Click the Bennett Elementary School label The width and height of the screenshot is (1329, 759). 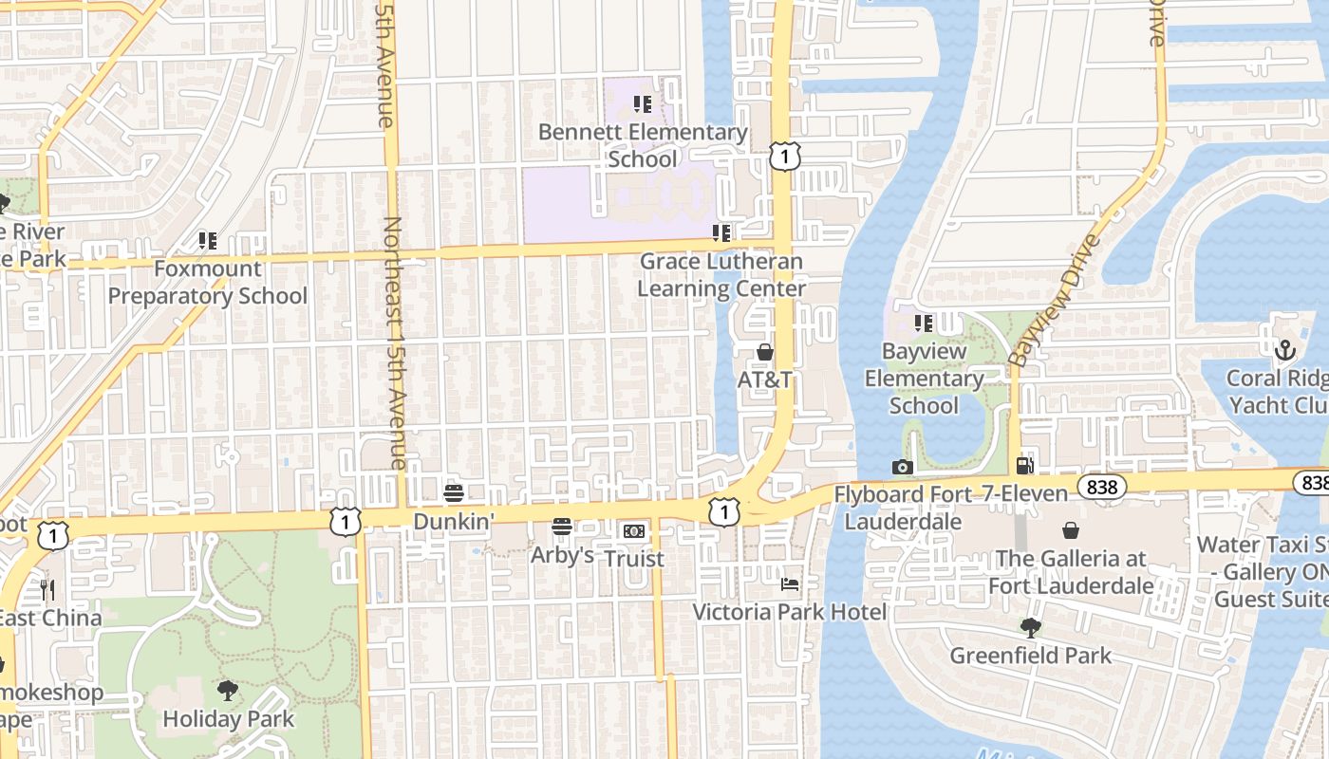click(x=643, y=145)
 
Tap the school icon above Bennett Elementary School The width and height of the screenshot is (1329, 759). click(x=643, y=104)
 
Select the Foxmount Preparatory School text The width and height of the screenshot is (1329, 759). click(x=207, y=282)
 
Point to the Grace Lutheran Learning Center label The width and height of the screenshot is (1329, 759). click(x=721, y=274)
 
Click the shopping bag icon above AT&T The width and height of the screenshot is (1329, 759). click(x=765, y=352)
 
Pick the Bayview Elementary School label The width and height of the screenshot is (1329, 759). click(x=924, y=378)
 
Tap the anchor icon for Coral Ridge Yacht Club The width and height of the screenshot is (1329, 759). click(x=1284, y=350)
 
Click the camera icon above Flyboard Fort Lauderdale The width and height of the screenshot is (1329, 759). click(x=902, y=467)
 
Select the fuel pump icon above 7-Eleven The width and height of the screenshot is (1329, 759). click(x=1024, y=466)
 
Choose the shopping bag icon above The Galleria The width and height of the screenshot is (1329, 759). click(x=1071, y=530)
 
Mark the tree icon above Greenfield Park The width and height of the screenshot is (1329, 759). click(x=1030, y=627)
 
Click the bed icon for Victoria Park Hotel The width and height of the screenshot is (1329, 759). click(x=790, y=583)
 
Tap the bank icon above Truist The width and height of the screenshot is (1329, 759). click(x=633, y=531)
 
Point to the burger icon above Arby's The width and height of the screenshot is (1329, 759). click(x=562, y=527)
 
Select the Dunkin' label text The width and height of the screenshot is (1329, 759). click(x=454, y=521)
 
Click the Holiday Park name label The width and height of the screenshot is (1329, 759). click(x=229, y=718)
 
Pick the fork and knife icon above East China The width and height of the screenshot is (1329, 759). click(x=47, y=590)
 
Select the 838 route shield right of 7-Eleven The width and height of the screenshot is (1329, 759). click(x=1101, y=488)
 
